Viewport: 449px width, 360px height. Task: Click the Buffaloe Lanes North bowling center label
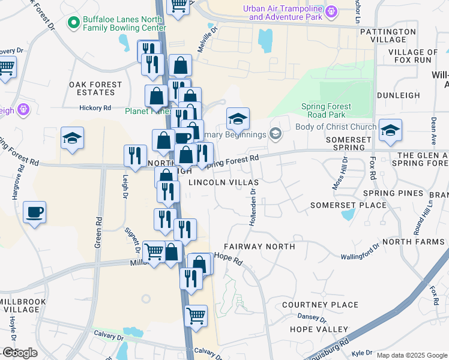tap(124, 23)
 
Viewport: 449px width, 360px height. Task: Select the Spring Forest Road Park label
tap(326, 110)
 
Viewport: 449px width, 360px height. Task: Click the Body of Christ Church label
tap(336, 127)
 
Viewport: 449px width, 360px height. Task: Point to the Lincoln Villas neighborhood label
tap(223, 182)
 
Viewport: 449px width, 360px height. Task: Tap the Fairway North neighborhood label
tap(259, 247)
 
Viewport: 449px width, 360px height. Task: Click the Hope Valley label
tap(319, 329)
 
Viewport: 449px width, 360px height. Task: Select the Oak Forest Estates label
tap(92, 88)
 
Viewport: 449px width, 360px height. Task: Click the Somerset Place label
tap(348, 205)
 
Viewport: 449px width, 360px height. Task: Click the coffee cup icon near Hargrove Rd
tap(35, 212)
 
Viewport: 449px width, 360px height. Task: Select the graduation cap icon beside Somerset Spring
tap(390, 130)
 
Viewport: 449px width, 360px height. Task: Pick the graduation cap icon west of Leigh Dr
tap(73, 138)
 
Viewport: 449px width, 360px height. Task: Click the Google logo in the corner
tap(20, 353)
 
